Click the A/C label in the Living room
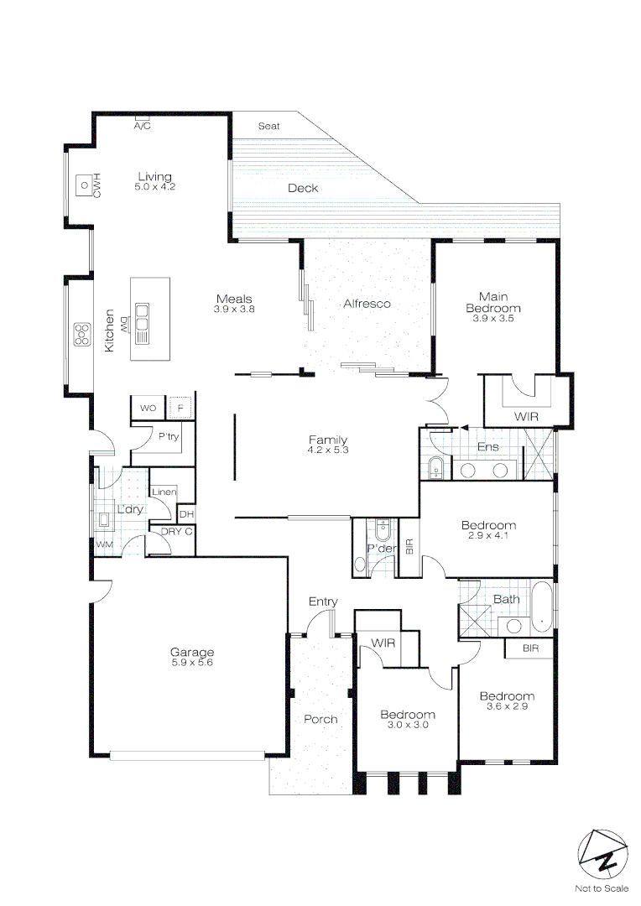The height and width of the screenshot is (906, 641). click(142, 127)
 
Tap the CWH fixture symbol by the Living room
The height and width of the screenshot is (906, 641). click(84, 184)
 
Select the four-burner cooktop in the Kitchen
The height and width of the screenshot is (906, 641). click(81, 334)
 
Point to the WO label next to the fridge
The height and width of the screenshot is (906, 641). click(149, 409)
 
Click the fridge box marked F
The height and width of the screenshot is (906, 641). click(179, 409)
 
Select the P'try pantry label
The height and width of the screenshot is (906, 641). click(168, 437)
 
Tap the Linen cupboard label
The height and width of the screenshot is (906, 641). click(164, 492)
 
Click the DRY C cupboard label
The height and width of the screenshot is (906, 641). click(176, 531)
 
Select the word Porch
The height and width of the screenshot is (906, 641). click(320, 719)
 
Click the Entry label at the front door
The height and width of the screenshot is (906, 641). click(323, 601)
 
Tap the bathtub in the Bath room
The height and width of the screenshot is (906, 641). click(543, 607)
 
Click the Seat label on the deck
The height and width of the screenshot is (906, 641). click(268, 126)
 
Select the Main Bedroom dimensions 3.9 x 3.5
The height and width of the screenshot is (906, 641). click(492, 319)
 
